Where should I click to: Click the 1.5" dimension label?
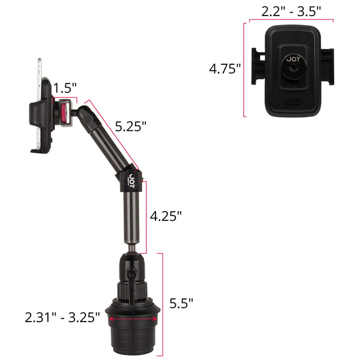point(65,88)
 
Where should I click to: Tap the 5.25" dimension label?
point(131,126)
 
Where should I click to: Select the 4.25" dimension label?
point(166,216)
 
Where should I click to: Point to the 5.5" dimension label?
point(181,303)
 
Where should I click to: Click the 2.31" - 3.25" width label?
point(62,317)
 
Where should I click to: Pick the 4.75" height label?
point(225,68)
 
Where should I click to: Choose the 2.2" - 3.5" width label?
point(291,11)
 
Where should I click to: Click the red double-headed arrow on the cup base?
point(133,319)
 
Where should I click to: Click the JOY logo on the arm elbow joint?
point(131,181)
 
